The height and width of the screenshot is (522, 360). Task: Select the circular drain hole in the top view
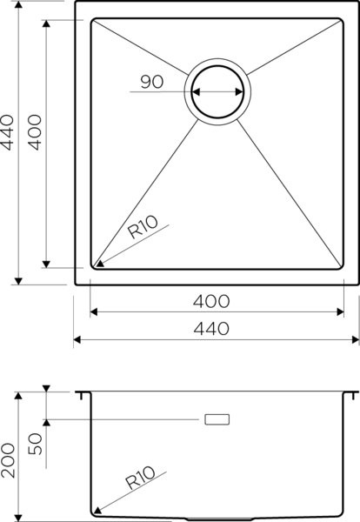click(218, 91)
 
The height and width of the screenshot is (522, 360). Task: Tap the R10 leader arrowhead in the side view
click(97, 512)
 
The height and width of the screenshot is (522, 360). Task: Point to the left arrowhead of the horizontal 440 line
click(78, 339)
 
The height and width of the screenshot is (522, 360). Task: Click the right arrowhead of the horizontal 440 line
click(356, 339)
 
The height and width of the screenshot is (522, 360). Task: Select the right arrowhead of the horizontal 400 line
click(340, 311)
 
